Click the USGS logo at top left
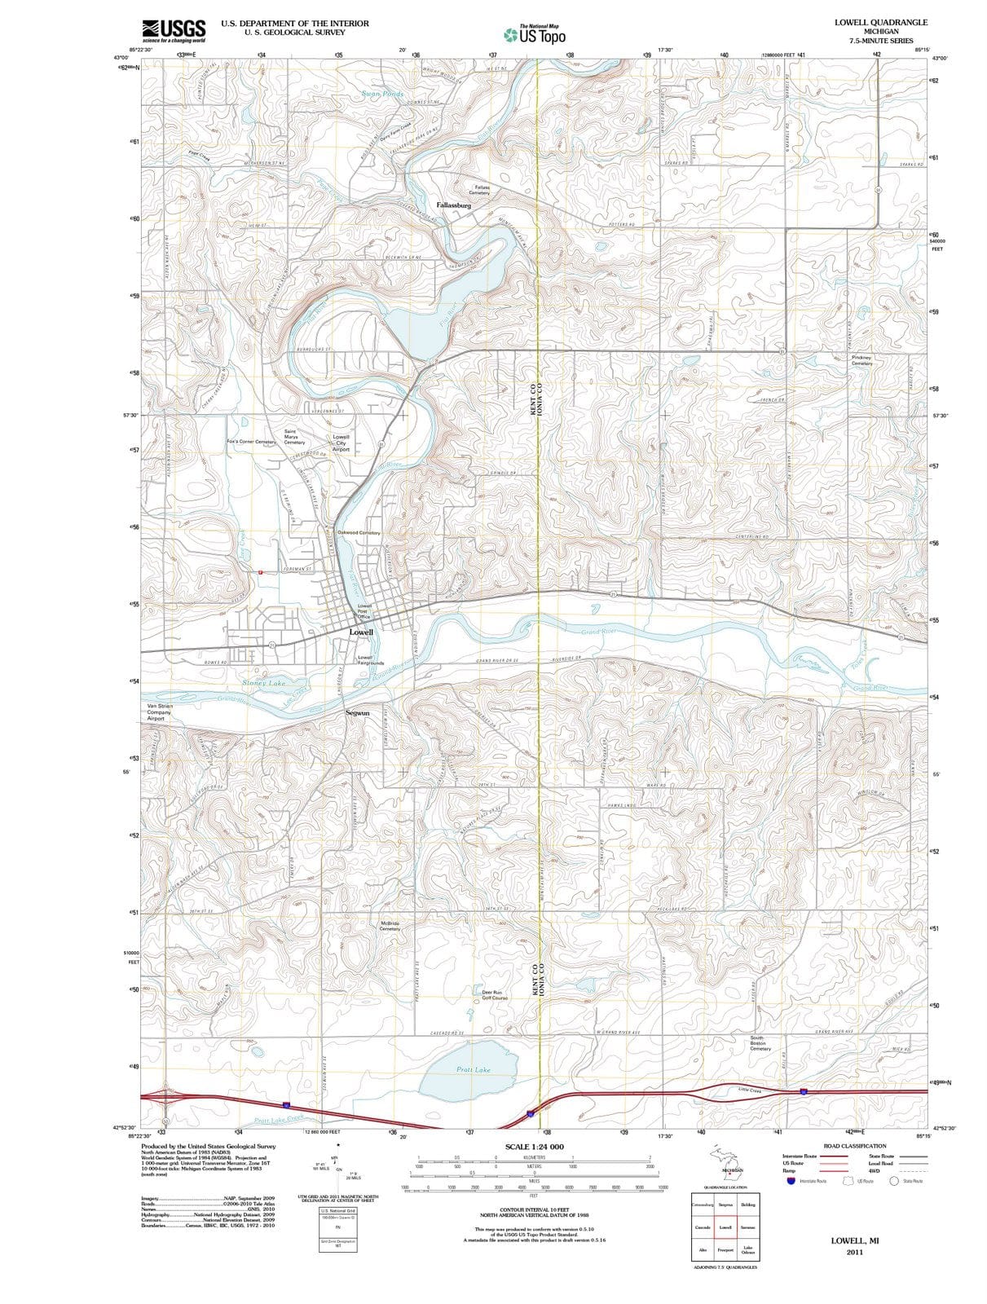[173, 29]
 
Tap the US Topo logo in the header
[535, 35]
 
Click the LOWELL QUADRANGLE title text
[880, 22]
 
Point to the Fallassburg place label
[454, 205]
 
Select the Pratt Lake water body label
[473, 1069]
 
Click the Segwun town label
[358, 712]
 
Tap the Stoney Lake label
[264, 683]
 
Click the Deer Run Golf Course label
[495, 994]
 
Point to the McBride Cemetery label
[390, 926]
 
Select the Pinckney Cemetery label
[861, 360]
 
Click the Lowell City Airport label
[341, 443]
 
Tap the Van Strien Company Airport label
[159, 712]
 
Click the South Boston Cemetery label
[760, 1043]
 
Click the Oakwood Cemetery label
[359, 532]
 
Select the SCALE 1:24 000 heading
[534, 1147]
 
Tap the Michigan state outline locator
[725, 1165]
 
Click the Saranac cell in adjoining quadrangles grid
[748, 1227]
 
